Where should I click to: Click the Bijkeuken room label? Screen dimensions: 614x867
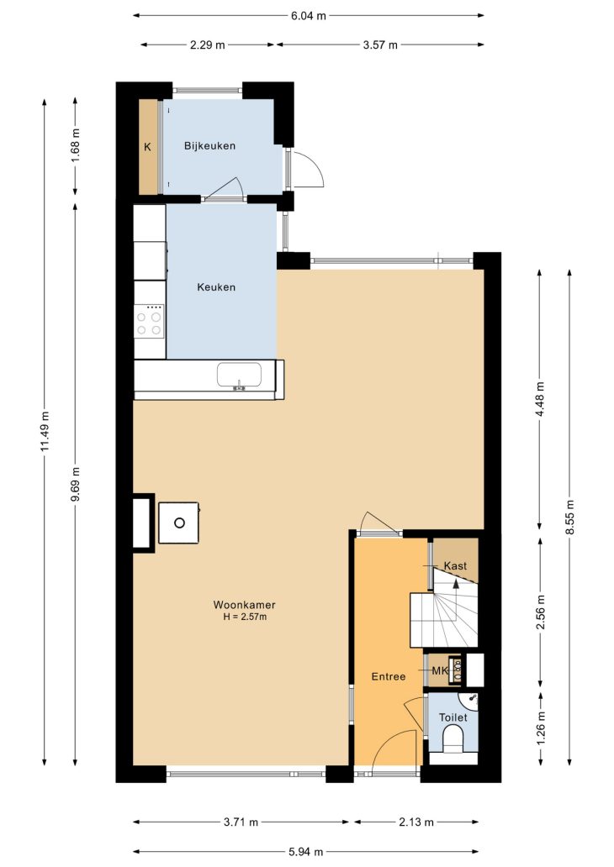coord(209,146)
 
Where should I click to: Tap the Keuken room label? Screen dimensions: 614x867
coord(216,287)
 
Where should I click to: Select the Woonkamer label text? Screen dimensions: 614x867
coord(245,605)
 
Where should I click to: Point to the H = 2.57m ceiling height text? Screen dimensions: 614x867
coord(245,617)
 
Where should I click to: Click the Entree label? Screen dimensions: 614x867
coord(389,676)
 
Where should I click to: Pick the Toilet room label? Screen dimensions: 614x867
coord(453,717)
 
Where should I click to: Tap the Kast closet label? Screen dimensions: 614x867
coord(456,565)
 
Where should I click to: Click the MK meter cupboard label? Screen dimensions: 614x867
coord(440,670)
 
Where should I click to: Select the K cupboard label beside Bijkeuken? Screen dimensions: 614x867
coord(147,147)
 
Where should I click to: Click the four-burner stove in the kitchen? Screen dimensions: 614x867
coord(150,323)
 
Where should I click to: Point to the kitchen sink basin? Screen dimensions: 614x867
coord(239,376)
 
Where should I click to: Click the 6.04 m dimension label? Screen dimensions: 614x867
coord(309,15)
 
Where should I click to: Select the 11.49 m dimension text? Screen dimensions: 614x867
coord(45,431)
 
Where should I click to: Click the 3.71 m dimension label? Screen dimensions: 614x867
coord(241,822)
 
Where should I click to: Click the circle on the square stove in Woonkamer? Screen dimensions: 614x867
coord(179,523)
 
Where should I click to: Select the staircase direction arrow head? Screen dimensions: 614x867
coord(456,583)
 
